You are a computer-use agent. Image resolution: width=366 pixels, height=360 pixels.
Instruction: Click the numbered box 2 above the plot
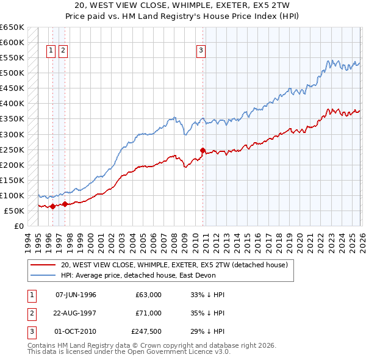[x=63, y=51]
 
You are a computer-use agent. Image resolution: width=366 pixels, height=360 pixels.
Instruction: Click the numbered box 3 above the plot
[x=201, y=51]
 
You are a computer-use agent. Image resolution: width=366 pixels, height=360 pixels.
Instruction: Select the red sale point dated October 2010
[x=203, y=149]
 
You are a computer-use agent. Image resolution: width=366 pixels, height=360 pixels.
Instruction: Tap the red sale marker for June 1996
[x=52, y=206]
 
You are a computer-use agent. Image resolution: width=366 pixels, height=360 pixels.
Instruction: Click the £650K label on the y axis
[x=12, y=27]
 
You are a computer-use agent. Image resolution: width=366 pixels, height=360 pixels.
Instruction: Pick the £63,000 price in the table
[x=149, y=295]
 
